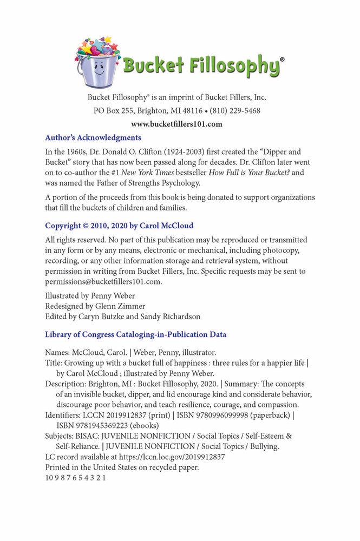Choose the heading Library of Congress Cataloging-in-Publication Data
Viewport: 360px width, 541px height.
[x=135, y=334]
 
